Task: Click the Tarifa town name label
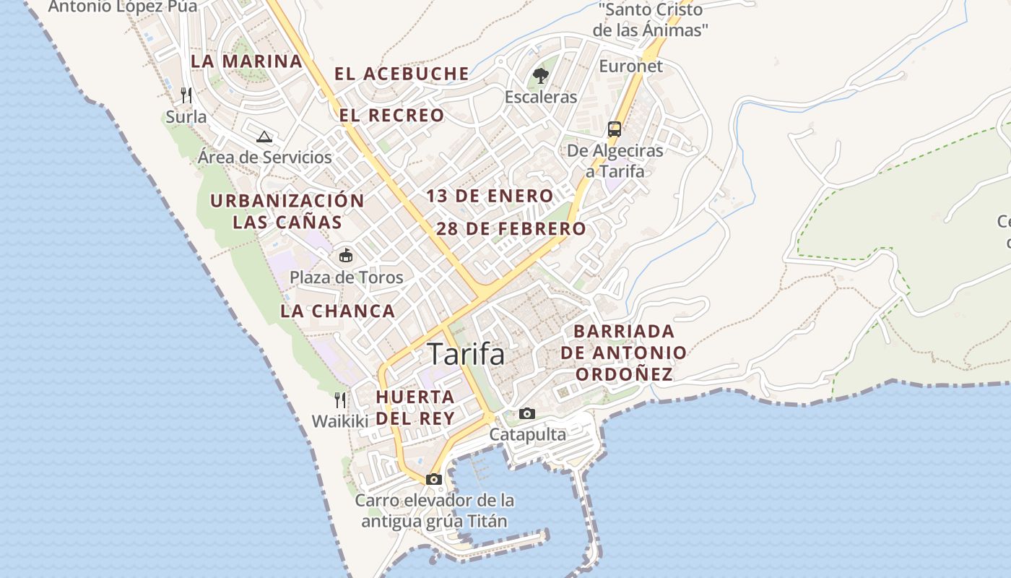pyautogui.click(x=466, y=354)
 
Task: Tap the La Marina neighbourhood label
pyautogui.click(x=246, y=61)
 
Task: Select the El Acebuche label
pyautogui.click(x=402, y=74)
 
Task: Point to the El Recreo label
pyautogui.click(x=392, y=115)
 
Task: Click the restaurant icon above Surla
pyautogui.click(x=186, y=95)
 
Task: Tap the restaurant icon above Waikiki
pyautogui.click(x=340, y=400)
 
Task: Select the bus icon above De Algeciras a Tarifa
pyautogui.click(x=615, y=129)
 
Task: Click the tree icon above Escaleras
pyautogui.click(x=540, y=75)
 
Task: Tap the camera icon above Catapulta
pyautogui.click(x=527, y=414)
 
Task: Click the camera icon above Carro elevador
pyautogui.click(x=434, y=479)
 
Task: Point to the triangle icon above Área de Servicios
pyautogui.click(x=264, y=137)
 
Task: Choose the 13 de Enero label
pyautogui.click(x=490, y=196)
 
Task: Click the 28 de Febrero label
pyautogui.click(x=511, y=229)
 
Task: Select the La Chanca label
pyautogui.click(x=338, y=311)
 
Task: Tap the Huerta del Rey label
pyautogui.click(x=415, y=407)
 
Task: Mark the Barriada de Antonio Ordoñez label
pyautogui.click(x=623, y=353)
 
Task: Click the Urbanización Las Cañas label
pyautogui.click(x=287, y=211)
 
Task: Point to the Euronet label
pyautogui.click(x=630, y=66)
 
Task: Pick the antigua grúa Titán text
pyautogui.click(x=435, y=521)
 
